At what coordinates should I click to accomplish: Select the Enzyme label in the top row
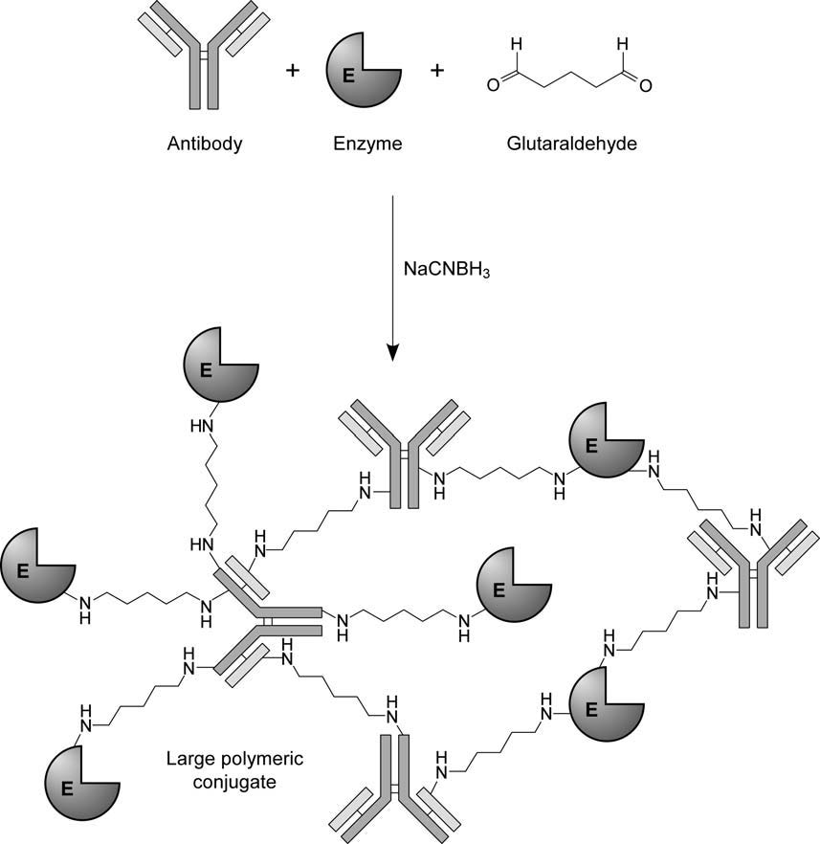367,144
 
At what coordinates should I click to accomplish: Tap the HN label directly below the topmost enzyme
203,425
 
